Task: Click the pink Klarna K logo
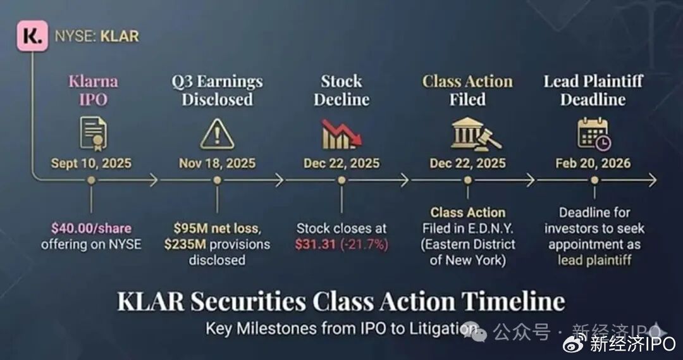[32, 36]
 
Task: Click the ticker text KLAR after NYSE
[120, 36]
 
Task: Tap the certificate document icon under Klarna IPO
[93, 133]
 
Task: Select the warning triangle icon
[217, 134]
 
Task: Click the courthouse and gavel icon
[476, 133]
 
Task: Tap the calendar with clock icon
[594, 133]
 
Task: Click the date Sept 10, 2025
[91, 163]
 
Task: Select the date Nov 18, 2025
[218, 163]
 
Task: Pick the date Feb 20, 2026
[593, 163]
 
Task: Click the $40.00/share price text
[91, 228]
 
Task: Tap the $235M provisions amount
[185, 244]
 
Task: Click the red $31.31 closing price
[316, 244]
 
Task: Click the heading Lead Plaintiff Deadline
[593, 90]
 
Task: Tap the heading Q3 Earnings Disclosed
[217, 90]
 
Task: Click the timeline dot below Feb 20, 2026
[594, 180]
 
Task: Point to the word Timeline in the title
[513, 301]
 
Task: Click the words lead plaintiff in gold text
[594, 260]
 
